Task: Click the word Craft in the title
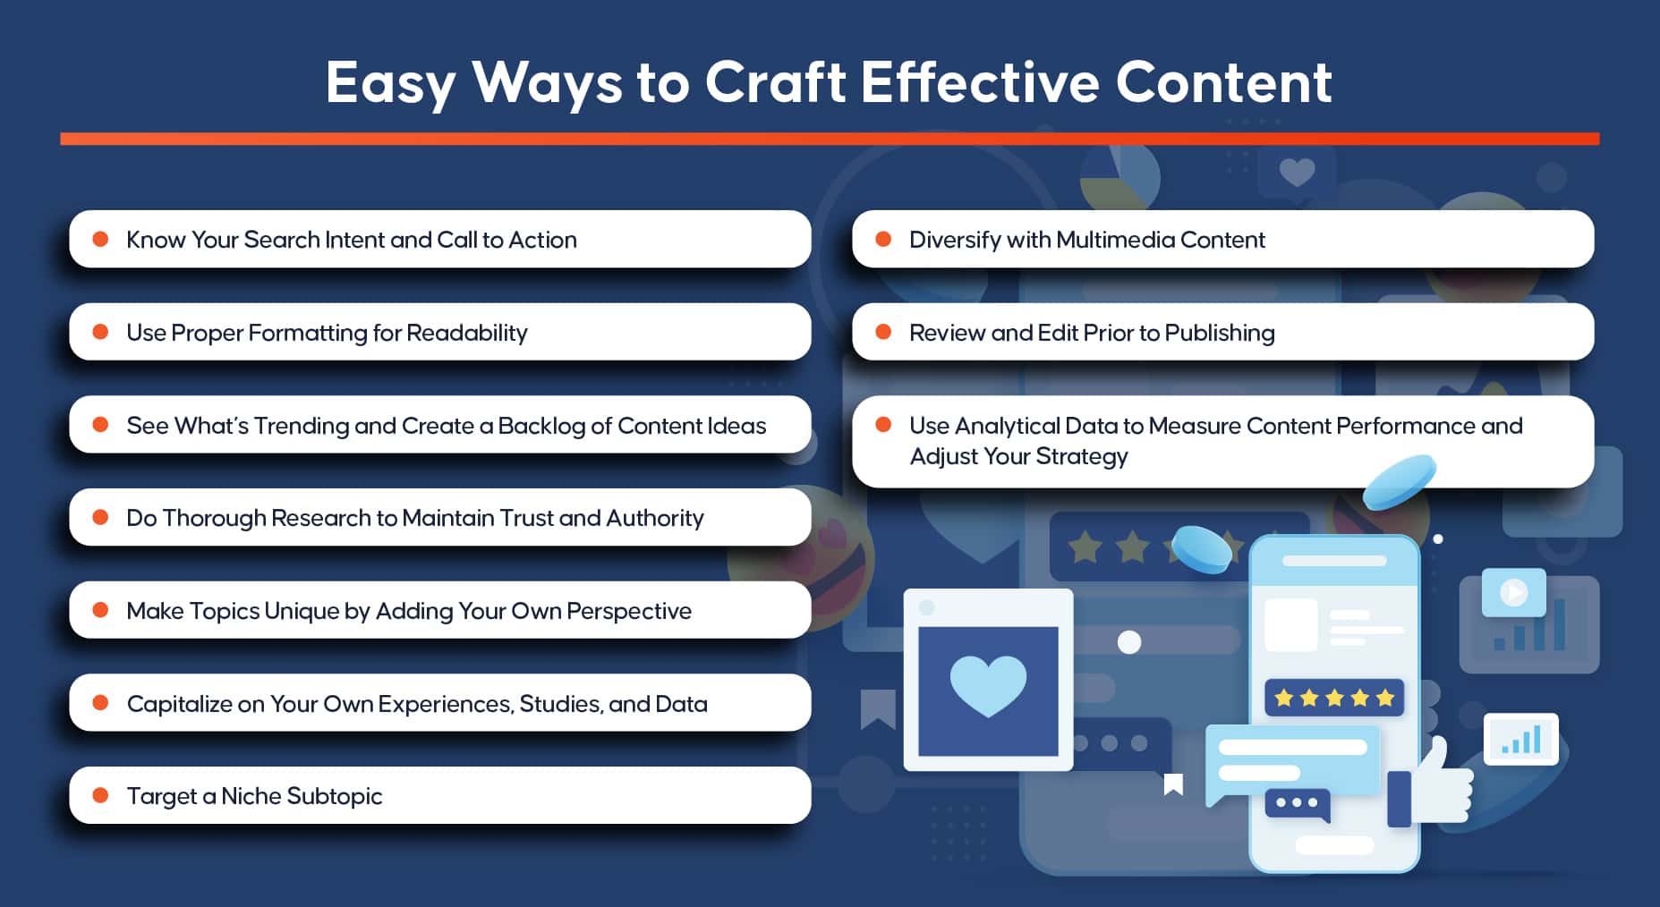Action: pos(776,82)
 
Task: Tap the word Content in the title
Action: pos(1224,82)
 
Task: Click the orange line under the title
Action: pos(830,139)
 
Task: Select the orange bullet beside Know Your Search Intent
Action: pos(101,239)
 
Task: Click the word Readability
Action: pos(467,333)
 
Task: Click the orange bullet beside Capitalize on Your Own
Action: pos(101,703)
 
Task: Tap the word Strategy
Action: pos(1082,456)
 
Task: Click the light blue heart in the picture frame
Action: pos(988,685)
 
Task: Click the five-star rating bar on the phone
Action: pos(1334,698)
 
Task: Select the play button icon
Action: pos(1513,592)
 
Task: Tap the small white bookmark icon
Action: pos(1173,784)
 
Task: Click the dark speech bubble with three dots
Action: pos(1298,804)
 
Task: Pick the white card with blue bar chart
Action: pos(1521,739)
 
